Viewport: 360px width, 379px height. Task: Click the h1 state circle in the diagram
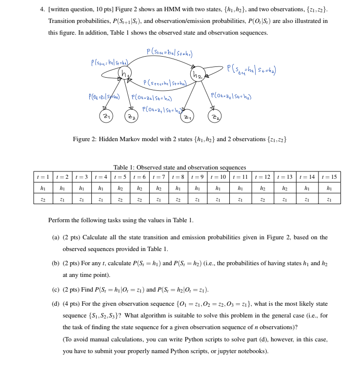[125, 74]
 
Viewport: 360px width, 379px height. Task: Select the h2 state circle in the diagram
[197, 75]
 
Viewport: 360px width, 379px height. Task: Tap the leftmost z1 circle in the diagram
[106, 116]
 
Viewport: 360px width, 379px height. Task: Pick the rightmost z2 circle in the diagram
[215, 116]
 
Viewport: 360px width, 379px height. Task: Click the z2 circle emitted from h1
[131, 116]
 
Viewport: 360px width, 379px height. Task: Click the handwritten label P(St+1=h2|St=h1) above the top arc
[169, 52]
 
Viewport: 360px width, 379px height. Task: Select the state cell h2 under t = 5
[120, 188]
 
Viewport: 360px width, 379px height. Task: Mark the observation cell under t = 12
[262, 199]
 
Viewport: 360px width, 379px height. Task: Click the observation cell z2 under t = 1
[43, 199]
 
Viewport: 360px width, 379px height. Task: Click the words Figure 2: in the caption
[84, 140]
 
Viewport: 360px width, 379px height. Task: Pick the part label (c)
[56, 290]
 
